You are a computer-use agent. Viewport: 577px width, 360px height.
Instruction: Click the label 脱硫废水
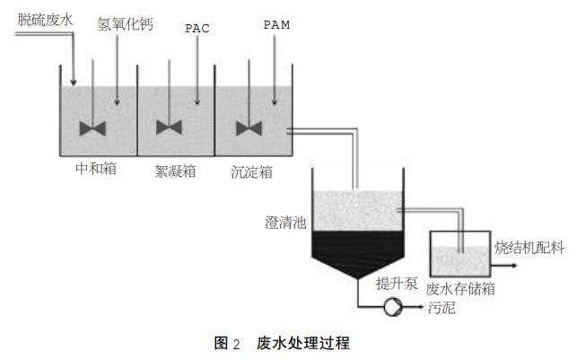(44, 16)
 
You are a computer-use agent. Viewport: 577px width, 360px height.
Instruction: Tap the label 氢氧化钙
(125, 24)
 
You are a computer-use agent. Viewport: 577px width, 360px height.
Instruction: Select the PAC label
(198, 28)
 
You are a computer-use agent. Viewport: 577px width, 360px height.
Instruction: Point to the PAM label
(276, 24)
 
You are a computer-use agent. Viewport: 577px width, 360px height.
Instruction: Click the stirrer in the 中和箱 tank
(93, 128)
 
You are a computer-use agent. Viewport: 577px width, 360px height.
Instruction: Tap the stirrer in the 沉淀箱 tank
(249, 128)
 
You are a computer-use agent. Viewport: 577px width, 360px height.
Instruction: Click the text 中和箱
(97, 167)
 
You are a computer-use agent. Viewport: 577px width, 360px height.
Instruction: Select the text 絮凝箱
(175, 169)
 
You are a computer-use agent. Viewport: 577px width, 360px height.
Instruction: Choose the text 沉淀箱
(251, 169)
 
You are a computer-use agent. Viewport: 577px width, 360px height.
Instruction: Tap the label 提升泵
(398, 285)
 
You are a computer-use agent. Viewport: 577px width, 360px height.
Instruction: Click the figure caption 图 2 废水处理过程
(282, 343)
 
